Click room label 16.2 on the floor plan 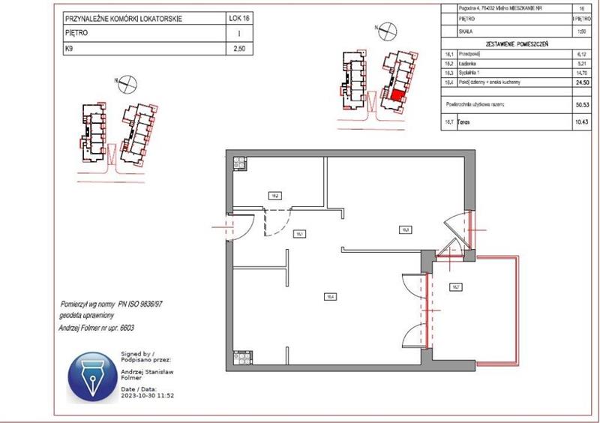(x=275, y=196)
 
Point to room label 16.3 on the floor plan (x=404, y=229)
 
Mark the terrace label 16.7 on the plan (x=455, y=286)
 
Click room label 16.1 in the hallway (x=298, y=233)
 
